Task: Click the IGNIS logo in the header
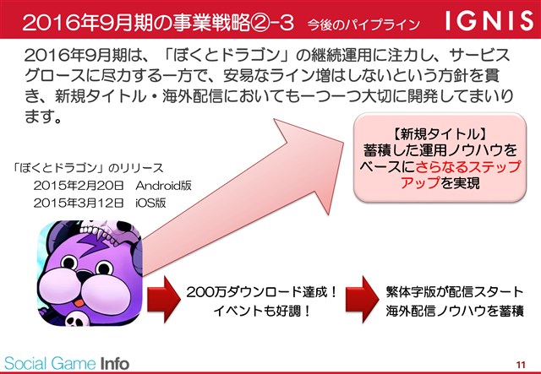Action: pyautogui.click(x=489, y=20)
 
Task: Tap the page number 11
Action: pyautogui.click(x=521, y=365)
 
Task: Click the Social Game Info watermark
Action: pyautogui.click(x=67, y=364)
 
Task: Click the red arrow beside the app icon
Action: pyautogui.click(x=164, y=299)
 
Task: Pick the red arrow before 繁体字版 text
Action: pyautogui.click(x=363, y=299)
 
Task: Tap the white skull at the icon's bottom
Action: pyautogui.click(x=77, y=319)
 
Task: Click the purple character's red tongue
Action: pyautogui.click(x=79, y=302)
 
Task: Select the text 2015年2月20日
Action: pyautogui.click(x=79, y=186)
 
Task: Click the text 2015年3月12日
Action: pyautogui.click(x=79, y=203)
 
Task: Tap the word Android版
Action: pyautogui.click(x=163, y=186)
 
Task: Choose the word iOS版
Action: pyautogui.click(x=150, y=203)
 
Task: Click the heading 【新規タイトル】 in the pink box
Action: pyautogui.click(x=440, y=134)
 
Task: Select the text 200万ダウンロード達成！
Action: pyautogui.click(x=262, y=293)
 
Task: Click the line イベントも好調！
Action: pyautogui.click(x=262, y=312)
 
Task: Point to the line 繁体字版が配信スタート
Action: pyautogui.click(x=455, y=292)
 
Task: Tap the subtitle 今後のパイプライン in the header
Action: pyautogui.click(x=364, y=24)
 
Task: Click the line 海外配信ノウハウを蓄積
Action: pyautogui.click(x=455, y=311)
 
